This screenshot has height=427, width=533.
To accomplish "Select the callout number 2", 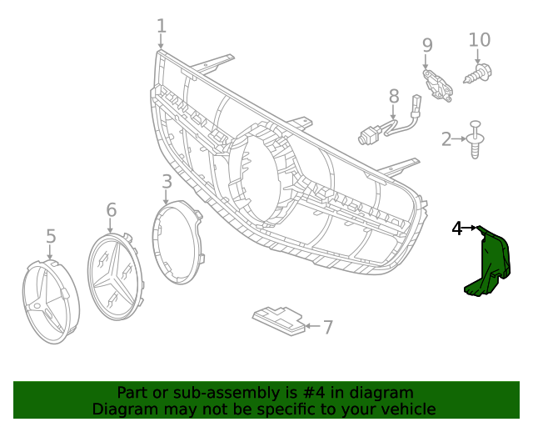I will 446,139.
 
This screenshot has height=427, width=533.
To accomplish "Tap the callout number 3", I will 167,181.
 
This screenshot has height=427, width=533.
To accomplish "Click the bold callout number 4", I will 457,228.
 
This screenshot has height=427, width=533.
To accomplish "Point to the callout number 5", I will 51,237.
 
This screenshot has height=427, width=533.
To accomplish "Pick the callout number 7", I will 327,327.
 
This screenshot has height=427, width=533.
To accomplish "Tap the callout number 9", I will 427,45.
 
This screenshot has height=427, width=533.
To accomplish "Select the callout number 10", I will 480,39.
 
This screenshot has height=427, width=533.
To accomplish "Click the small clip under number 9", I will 438,84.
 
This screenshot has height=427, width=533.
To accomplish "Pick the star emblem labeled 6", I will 117,276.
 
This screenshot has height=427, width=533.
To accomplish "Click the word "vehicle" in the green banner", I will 406,409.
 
